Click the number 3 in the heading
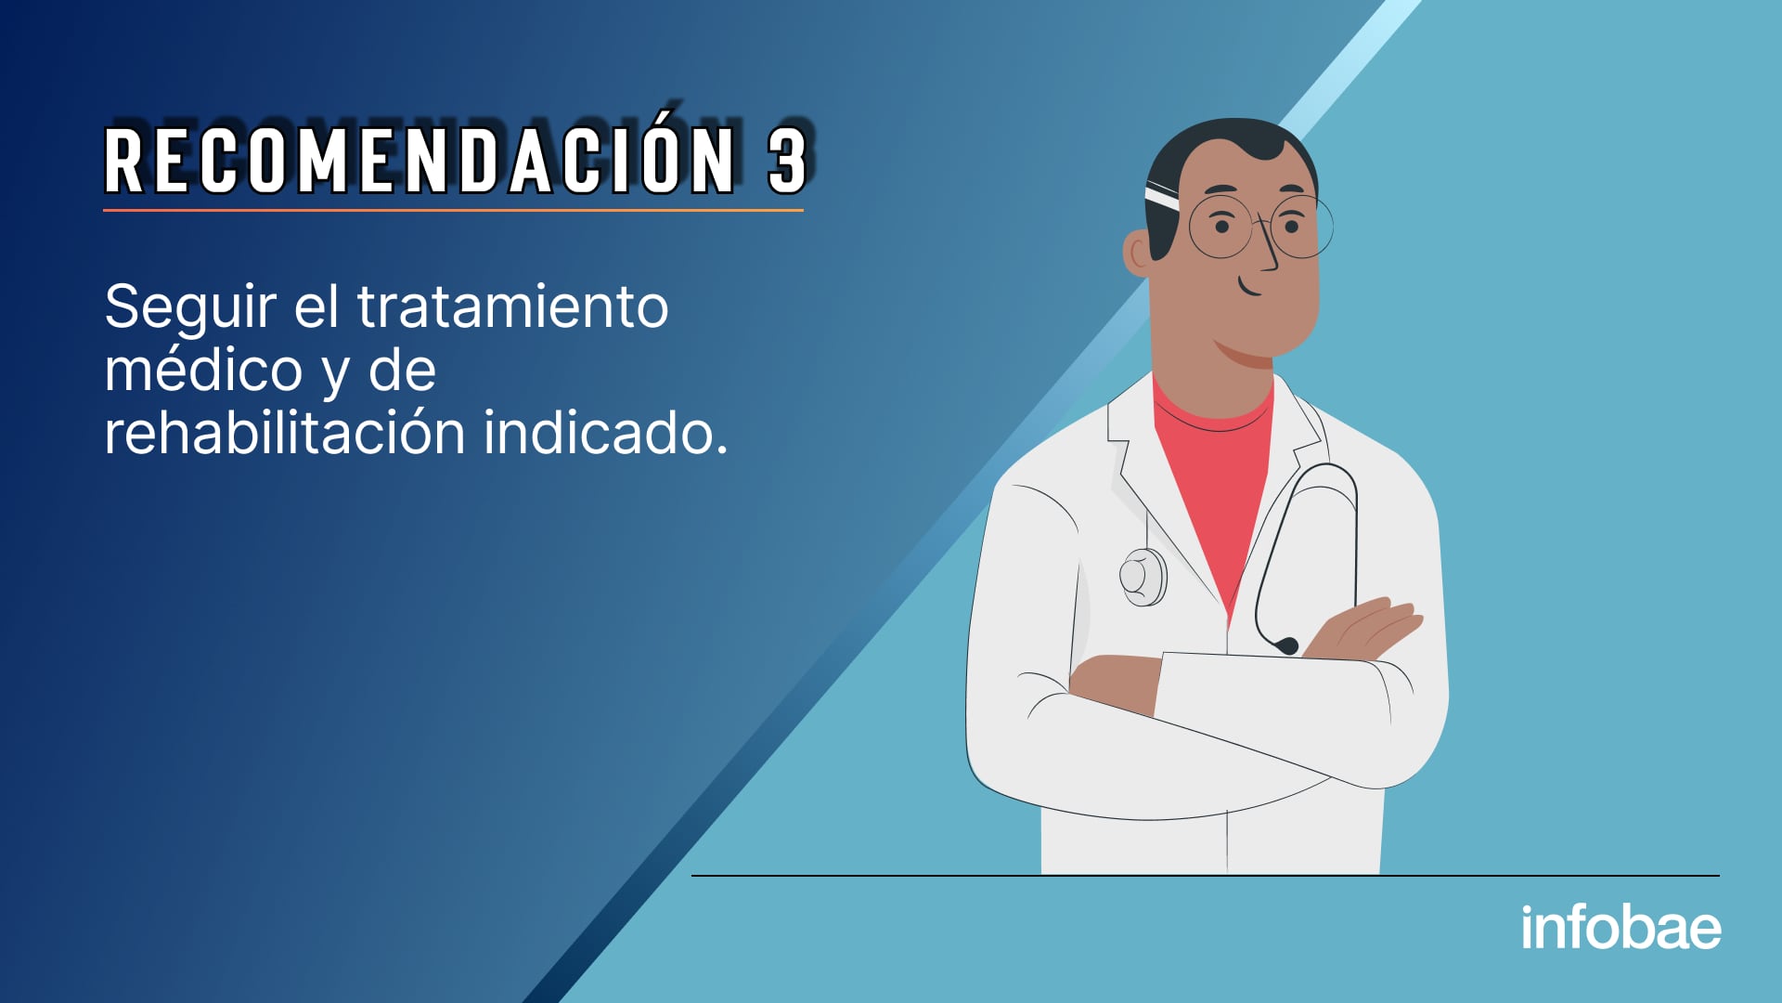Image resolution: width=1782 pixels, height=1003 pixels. click(x=788, y=160)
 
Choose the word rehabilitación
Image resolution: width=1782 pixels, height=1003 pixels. click(x=285, y=433)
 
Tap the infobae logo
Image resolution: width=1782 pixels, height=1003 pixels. click(x=1621, y=927)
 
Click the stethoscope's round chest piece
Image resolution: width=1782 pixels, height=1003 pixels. click(x=1143, y=577)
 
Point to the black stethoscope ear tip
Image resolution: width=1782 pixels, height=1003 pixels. click(x=1285, y=645)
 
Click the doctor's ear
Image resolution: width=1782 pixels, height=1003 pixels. click(x=1137, y=254)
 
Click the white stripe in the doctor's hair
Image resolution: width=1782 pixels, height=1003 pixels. click(x=1161, y=197)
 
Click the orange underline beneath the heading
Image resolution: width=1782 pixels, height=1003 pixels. click(x=453, y=210)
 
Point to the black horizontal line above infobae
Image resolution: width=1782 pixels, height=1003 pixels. click(x=1205, y=875)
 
